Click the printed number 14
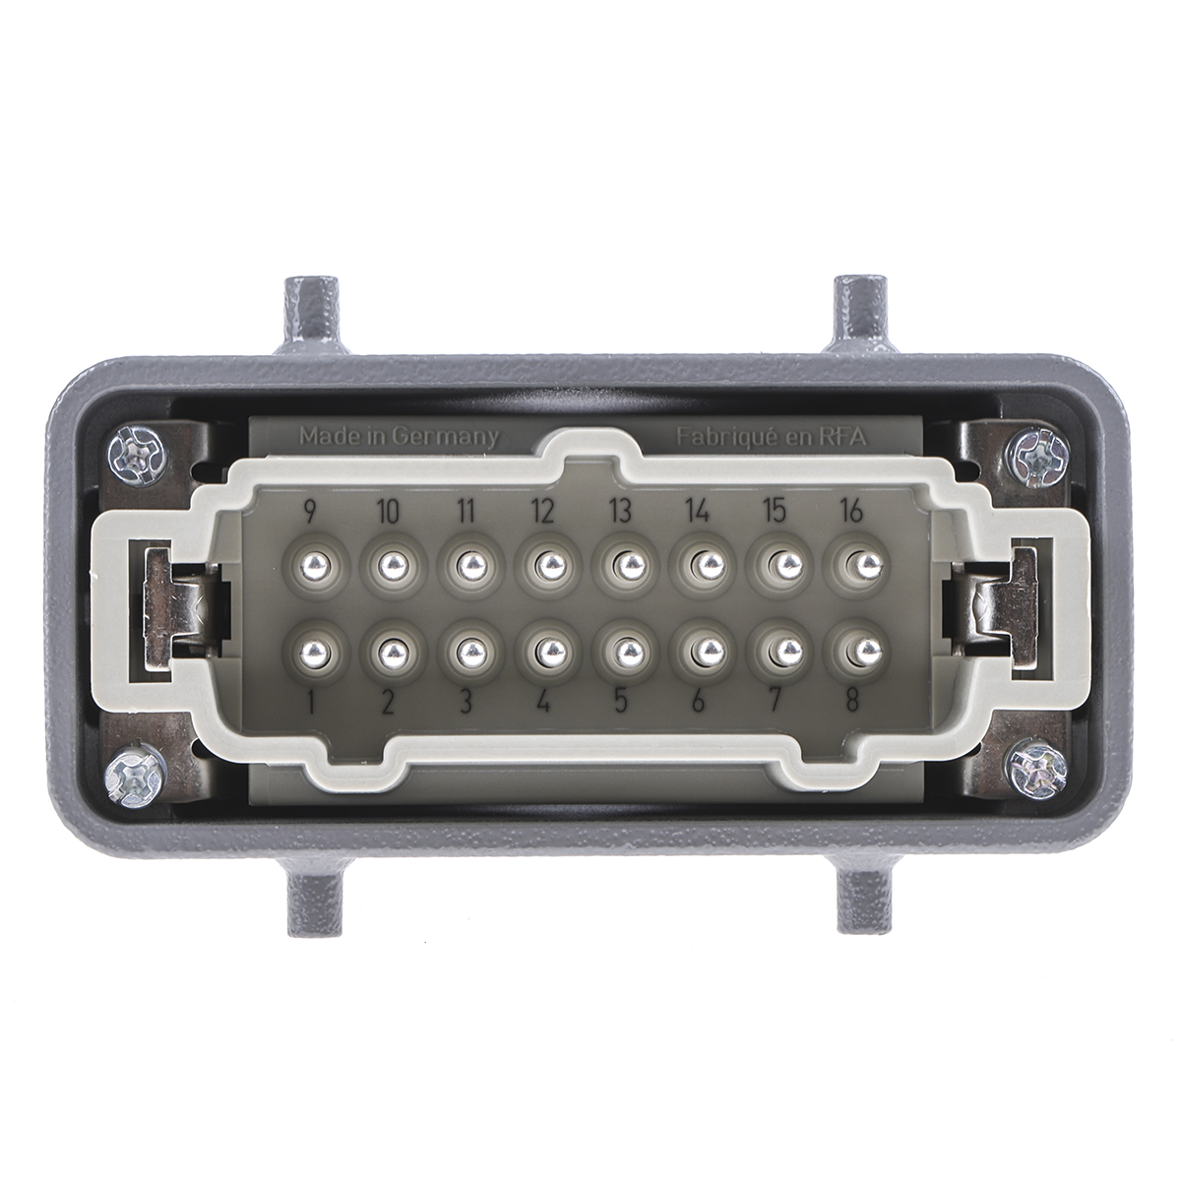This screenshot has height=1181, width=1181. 698,510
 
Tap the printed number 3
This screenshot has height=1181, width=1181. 467,701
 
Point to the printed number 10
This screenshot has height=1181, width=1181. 389,510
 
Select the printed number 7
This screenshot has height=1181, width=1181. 775,701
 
